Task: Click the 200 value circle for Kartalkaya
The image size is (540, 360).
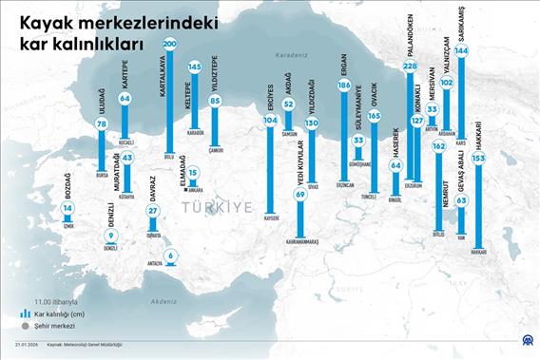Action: pos(169,44)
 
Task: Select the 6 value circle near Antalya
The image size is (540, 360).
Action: pos(170,255)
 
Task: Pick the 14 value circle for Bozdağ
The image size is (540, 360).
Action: pos(67,207)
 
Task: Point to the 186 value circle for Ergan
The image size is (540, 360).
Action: pos(343,85)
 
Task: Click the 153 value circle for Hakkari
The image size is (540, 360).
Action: pos(478,159)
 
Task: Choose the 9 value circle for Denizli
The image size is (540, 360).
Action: pos(111,236)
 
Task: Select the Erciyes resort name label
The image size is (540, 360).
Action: pos(270,98)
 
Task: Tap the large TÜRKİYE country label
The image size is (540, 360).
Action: pos(215,206)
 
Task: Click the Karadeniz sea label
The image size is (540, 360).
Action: pos(290,56)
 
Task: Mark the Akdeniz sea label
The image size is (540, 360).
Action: pos(164,300)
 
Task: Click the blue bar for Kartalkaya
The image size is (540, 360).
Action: pos(169,100)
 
